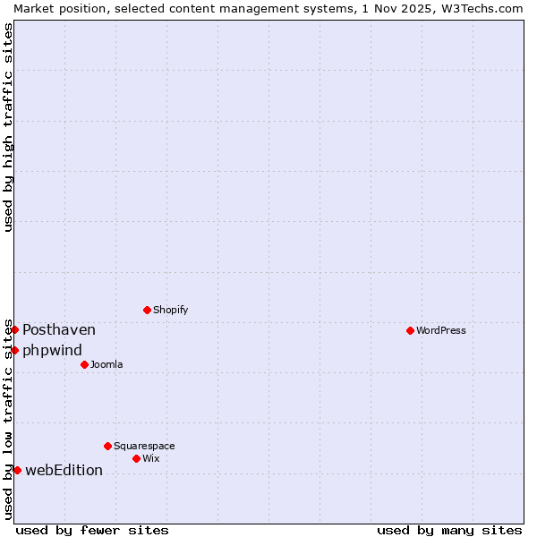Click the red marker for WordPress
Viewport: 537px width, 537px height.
pyautogui.click(x=410, y=330)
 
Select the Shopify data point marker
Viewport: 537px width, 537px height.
pyautogui.click(x=147, y=310)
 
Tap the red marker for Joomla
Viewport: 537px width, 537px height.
pyautogui.click(x=84, y=364)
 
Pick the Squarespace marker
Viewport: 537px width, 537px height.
pyautogui.click(x=107, y=446)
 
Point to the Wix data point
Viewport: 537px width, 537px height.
pyautogui.click(x=136, y=458)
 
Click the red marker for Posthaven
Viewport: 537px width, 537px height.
pyautogui.click(x=14, y=329)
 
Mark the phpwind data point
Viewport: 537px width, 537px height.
pyautogui.click(x=14, y=350)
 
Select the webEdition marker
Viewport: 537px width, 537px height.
pyautogui.click(x=17, y=470)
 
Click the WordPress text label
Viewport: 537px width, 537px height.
pyautogui.click(x=441, y=330)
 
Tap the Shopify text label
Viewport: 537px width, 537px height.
pyautogui.click(x=170, y=310)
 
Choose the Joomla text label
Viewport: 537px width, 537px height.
pyautogui.click(x=107, y=364)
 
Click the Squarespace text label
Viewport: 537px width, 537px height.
pyautogui.click(x=144, y=446)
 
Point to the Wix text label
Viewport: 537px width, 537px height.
pyautogui.click(x=151, y=458)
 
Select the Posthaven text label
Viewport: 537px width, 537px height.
pyautogui.click(x=59, y=329)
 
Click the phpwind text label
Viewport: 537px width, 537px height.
pyautogui.click(x=52, y=350)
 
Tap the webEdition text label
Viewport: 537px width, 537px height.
pyautogui.click(x=64, y=470)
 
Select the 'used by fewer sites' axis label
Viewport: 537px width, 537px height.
pyautogui.click(x=92, y=530)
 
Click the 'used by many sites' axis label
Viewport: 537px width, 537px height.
pyautogui.click(x=449, y=530)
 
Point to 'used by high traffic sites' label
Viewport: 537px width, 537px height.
pyautogui.click(x=8, y=127)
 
